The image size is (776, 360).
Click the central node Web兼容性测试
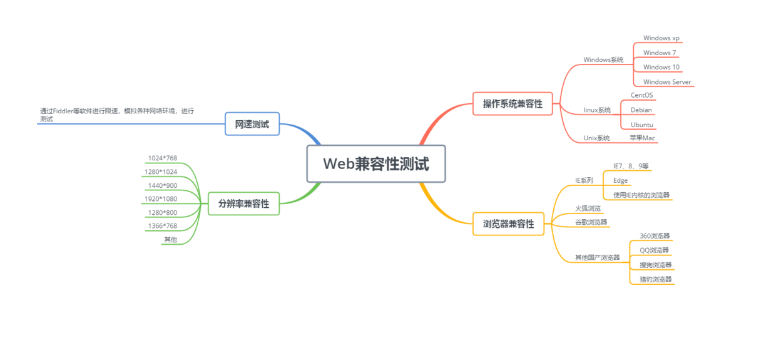pos(375,164)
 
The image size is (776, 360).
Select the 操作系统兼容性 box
pos(513,104)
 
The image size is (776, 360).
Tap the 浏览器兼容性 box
pos(508,224)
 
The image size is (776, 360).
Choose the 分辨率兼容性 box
pos(243,203)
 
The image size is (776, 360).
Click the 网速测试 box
pos(252,125)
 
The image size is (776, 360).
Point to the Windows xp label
pos(661,39)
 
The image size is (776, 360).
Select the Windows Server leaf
pos(667,82)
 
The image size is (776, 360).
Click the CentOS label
pos(641,95)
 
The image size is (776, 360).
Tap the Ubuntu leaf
pos(642,125)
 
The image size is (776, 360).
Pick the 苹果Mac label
pos(642,138)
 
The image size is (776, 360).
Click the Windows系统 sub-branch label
pos(603,60)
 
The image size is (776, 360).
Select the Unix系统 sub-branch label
pos(596,138)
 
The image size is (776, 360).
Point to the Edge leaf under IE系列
pos(620,180)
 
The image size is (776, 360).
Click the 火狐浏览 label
pos(588,208)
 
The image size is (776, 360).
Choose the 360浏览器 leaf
pos(655,236)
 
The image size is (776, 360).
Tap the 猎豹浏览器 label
pos(655,279)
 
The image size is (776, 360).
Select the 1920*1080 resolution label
pos(161,199)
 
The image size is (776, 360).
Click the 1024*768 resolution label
pos(162,158)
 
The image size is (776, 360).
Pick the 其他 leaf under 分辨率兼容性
pos(170,239)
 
